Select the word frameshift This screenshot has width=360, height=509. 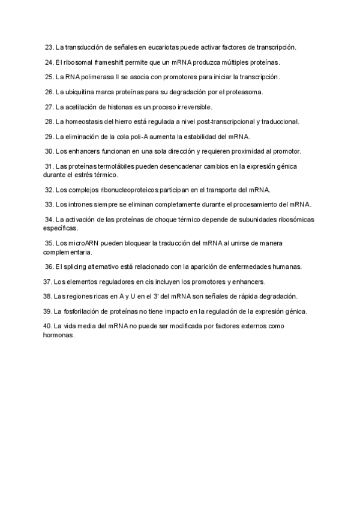108,62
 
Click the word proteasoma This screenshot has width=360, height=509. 244,92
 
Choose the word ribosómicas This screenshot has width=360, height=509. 290,220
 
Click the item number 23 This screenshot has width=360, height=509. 50,47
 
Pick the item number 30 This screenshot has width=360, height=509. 50,152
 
